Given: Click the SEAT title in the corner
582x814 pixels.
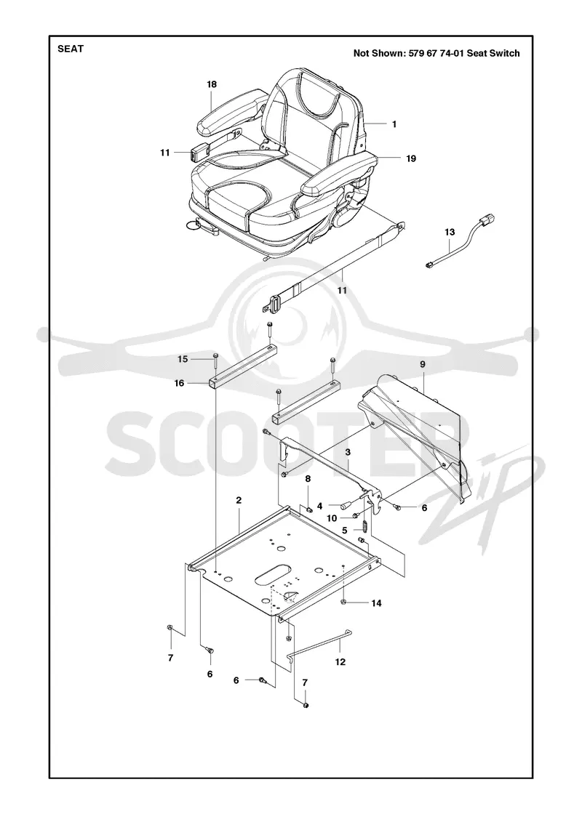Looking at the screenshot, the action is click(70, 49).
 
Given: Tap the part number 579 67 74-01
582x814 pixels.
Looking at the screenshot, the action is click(436, 53).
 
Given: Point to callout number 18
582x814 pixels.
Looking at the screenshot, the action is click(212, 84).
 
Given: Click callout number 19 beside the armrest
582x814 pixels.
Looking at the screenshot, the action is click(411, 159).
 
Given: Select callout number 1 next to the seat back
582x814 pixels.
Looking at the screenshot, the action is click(394, 124).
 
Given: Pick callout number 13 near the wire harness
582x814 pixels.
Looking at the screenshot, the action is click(450, 232).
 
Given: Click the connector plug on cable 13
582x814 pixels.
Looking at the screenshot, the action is click(486, 222).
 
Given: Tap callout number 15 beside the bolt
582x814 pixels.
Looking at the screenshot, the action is click(183, 359).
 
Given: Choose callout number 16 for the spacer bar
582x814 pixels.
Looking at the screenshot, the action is click(179, 383).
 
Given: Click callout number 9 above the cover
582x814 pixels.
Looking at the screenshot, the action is click(423, 364).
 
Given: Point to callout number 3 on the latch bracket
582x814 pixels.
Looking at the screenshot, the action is click(348, 452).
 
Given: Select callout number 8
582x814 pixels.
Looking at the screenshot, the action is click(308, 478).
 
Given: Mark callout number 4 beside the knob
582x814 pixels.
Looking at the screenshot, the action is click(319, 506).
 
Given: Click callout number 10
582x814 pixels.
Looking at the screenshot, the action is click(332, 518).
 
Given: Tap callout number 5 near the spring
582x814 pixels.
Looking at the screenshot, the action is click(345, 530).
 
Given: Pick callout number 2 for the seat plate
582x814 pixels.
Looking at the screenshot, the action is click(239, 501).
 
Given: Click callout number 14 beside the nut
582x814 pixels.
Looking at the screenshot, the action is click(376, 603).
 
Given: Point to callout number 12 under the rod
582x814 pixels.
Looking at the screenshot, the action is click(340, 662).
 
